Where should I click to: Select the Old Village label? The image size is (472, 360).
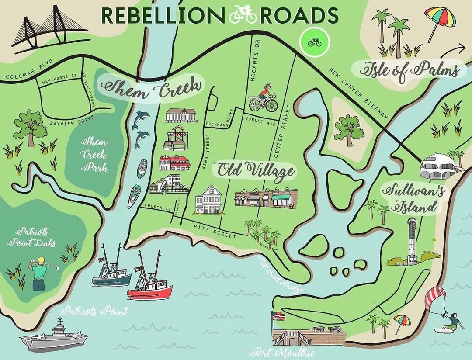(254, 170)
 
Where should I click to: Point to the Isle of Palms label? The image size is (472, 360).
(410, 69)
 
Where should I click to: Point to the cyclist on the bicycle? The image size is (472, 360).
(264, 98)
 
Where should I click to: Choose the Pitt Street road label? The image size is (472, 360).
(215, 230)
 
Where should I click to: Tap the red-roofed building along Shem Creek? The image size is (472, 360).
(175, 163)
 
